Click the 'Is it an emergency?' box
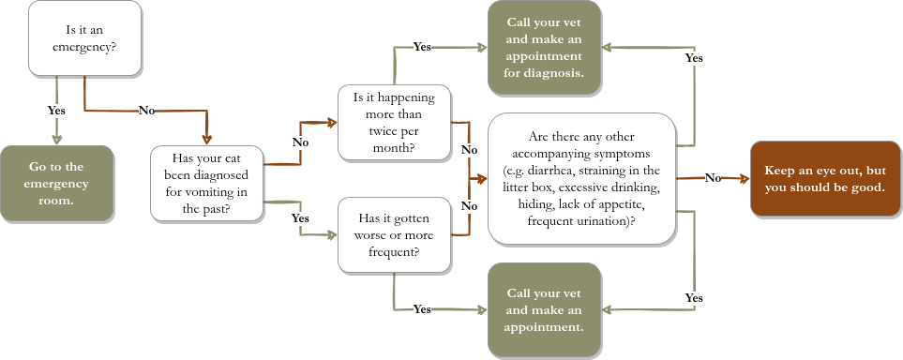click(85, 37)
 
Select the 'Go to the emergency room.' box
click(56, 183)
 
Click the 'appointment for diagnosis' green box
click(544, 47)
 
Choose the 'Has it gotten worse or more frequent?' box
click(395, 234)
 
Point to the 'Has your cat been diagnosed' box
click(207, 183)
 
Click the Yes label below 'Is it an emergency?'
click(56, 111)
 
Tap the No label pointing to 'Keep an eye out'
click(713, 177)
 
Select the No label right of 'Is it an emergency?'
click(145, 111)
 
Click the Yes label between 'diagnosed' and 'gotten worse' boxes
click(300, 217)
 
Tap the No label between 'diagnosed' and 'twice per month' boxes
click(300, 142)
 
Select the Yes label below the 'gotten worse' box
click(422, 308)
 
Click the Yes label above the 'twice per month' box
click(422, 47)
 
